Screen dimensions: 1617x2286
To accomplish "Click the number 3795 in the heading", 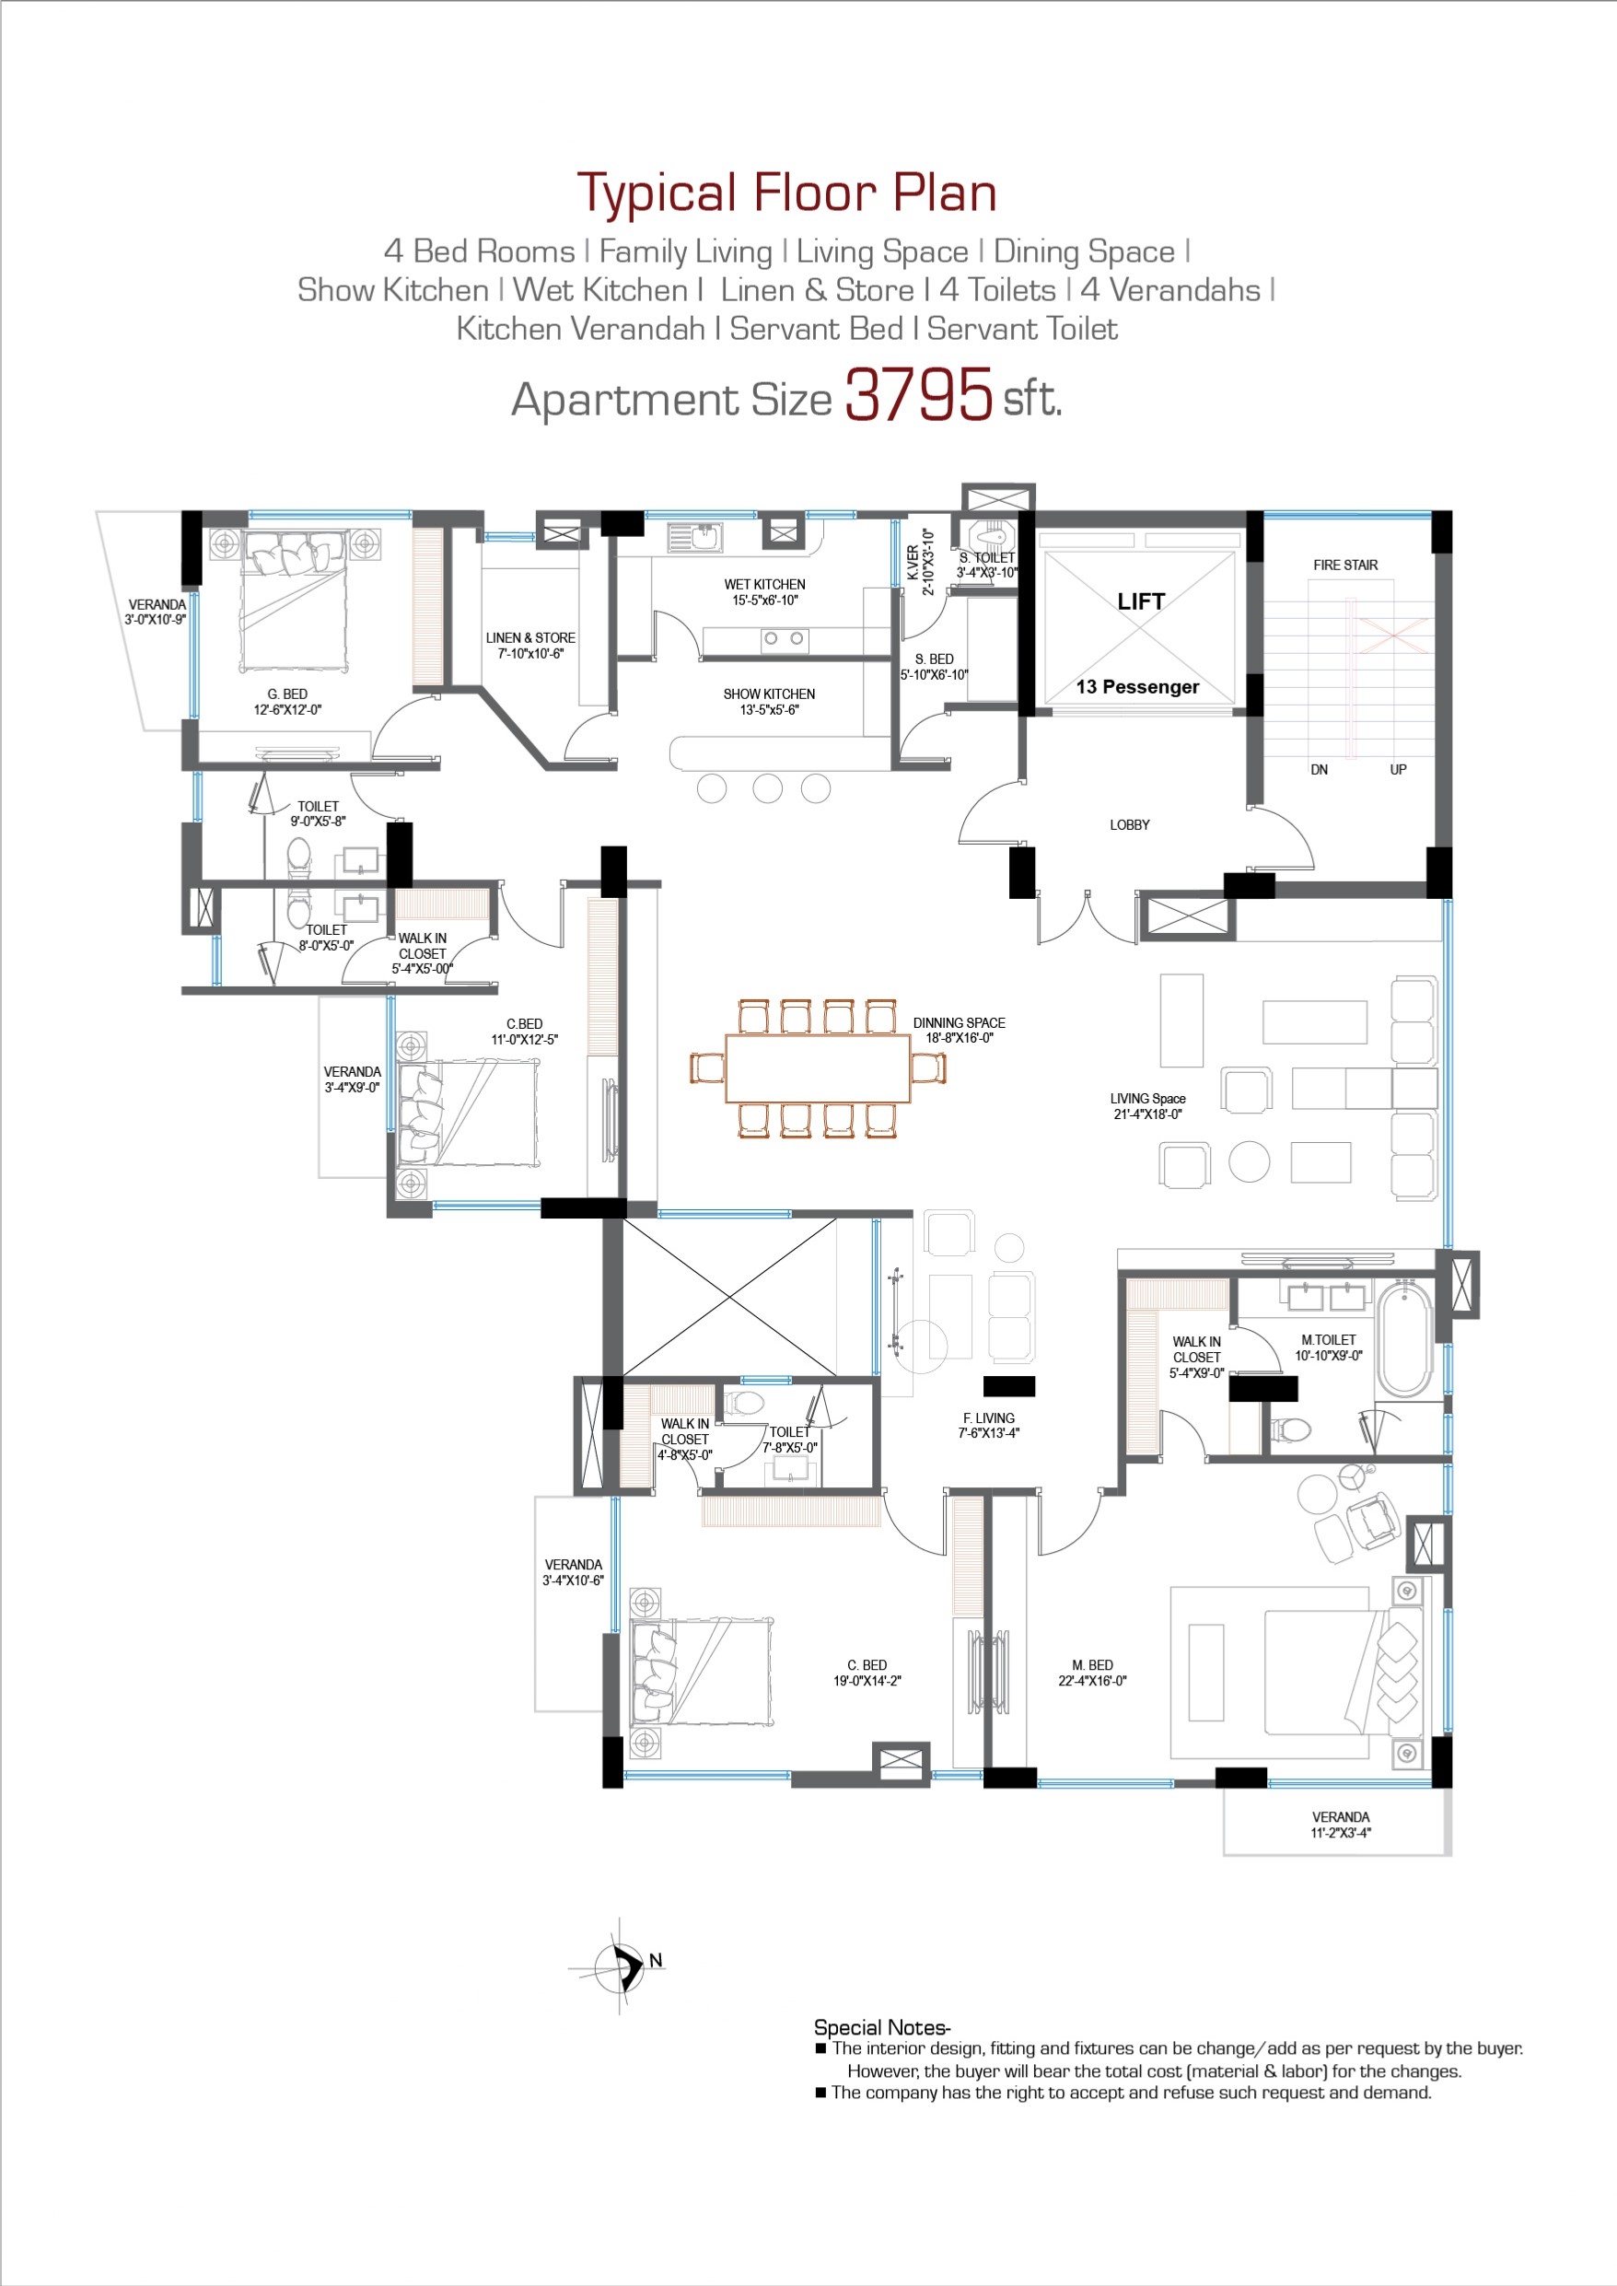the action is click(x=918, y=394).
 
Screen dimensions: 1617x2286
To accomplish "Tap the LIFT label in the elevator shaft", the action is click(x=1140, y=601).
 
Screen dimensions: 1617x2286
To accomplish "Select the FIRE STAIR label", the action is click(x=1345, y=565).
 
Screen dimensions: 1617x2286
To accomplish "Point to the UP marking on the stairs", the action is click(x=1398, y=770).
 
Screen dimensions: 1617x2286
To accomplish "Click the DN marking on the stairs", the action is click(x=1319, y=770).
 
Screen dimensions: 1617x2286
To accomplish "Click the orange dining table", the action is click(x=818, y=1067).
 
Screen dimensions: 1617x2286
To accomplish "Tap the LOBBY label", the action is click(x=1129, y=824).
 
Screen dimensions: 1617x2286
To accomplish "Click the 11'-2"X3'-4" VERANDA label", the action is click(x=1340, y=1824).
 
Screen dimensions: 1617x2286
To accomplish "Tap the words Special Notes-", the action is click(x=882, y=2027).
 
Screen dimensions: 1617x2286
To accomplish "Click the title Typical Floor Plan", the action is click(x=786, y=193).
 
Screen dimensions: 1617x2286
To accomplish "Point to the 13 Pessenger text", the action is click(x=1137, y=687).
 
